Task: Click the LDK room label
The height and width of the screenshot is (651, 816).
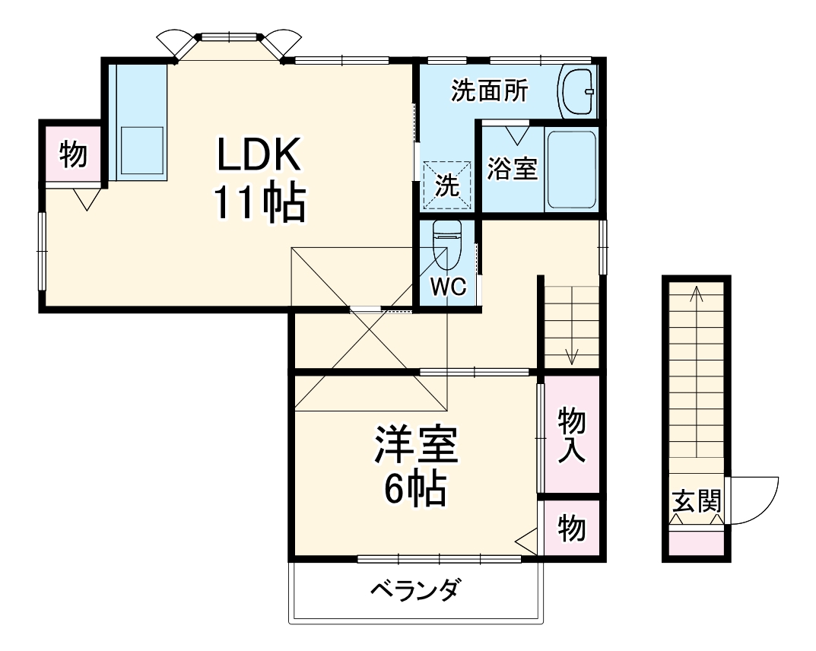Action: pos(260,157)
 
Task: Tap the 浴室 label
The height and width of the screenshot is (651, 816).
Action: pos(512,170)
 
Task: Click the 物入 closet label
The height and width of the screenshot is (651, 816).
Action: pos(571,434)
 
